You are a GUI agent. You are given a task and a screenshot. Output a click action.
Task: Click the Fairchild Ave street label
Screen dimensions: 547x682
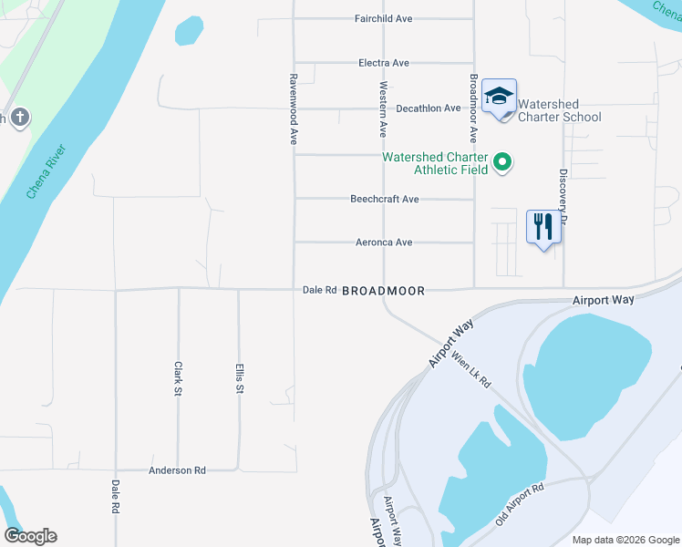click(x=383, y=18)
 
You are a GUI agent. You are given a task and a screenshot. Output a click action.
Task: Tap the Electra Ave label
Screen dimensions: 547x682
click(x=384, y=63)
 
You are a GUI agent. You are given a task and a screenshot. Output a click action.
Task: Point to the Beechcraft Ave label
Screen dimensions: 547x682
click(x=385, y=199)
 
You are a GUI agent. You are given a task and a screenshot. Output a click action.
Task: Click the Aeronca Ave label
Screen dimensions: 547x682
click(x=385, y=243)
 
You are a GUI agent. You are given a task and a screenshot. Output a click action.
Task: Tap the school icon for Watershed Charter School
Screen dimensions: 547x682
click(x=500, y=97)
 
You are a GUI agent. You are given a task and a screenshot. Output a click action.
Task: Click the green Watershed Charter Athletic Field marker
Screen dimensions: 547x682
click(x=501, y=163)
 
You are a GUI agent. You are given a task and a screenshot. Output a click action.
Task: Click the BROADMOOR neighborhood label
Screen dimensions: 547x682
click(x=383, y=291)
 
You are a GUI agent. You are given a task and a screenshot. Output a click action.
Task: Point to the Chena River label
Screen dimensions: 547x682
click(x=45, y=171)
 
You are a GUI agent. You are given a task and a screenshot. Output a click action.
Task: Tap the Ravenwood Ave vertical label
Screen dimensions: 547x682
click(x=294, y=109)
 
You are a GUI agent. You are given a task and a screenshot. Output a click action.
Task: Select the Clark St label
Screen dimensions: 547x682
click(x=179, y=379)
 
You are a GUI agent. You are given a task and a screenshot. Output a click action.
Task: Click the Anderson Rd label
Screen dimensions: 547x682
click(x=177, y=470)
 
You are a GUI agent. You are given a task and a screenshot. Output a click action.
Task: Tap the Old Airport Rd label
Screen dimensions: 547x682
click(x=519, y=505)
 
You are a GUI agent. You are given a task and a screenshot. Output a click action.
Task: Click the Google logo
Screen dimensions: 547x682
click(x=30, y=536)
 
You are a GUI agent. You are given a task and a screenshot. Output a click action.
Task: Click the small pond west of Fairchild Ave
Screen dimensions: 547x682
click(x=189, y=31)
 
